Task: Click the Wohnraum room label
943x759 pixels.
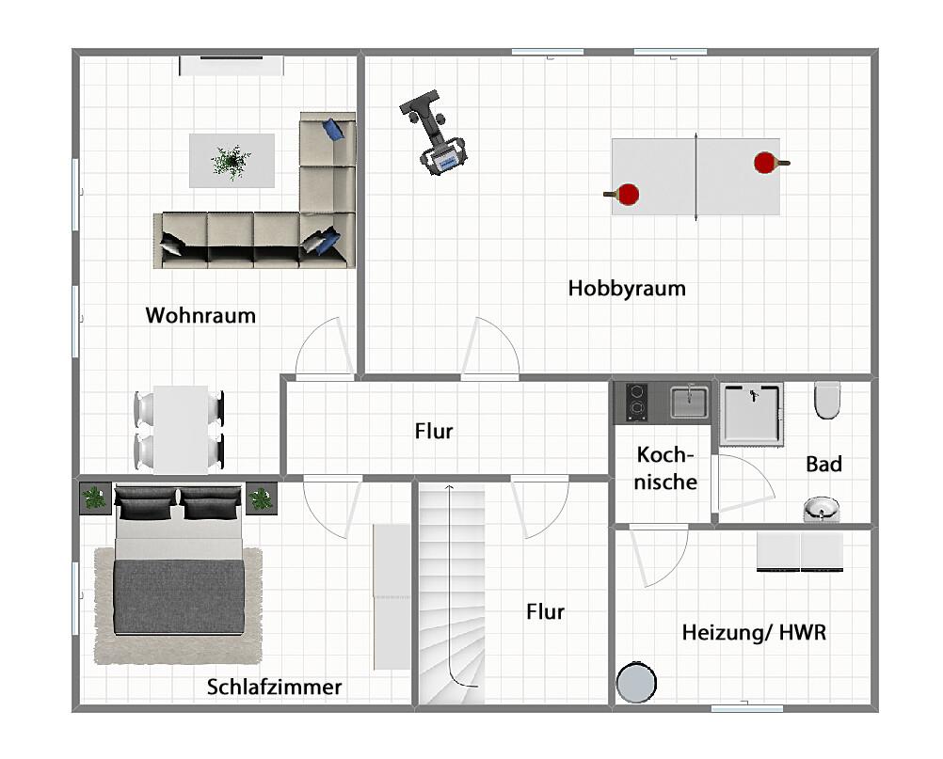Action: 200,315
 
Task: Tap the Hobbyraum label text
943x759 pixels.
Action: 627,288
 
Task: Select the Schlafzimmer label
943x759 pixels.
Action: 274,688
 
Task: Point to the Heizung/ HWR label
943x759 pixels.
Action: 754,632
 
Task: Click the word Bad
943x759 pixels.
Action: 823,464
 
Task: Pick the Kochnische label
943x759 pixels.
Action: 666,468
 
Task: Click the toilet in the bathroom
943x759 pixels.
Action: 827,400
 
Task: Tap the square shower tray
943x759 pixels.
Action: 752,413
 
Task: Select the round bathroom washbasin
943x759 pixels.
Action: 822,511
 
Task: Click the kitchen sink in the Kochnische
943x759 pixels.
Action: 689,402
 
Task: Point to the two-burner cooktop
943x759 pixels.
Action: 637,401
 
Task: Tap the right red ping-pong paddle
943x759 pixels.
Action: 767,163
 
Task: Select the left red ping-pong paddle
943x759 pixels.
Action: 626,195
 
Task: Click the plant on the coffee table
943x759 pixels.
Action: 231,161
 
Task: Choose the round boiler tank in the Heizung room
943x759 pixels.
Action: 637,682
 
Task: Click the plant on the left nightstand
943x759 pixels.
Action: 95,497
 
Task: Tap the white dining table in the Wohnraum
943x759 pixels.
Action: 181,428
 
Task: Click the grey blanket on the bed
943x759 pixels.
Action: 179,597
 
